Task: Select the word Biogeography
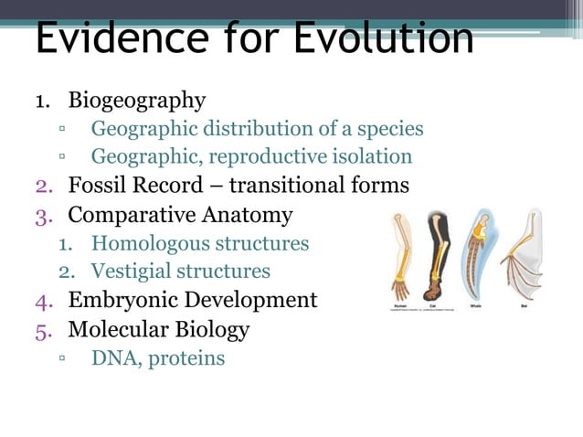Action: pos(137,99)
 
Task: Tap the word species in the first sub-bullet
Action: pos(387,128)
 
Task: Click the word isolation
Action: pos(374,157)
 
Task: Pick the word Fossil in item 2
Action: pos(96,187)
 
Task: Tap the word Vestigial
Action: pos(129,272)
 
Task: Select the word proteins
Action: pos(185,357)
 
